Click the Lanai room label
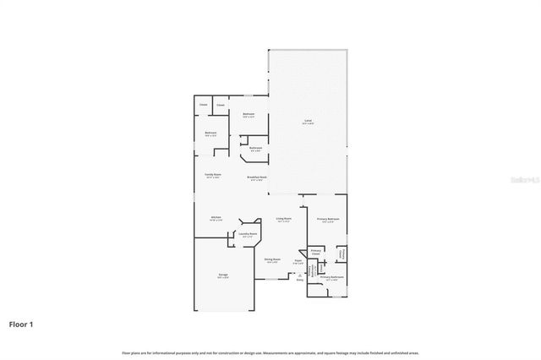pos(309,122)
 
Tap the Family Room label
pos(212,175)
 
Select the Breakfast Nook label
pos(256,177)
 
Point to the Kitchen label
pos(216,218)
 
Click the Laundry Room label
pos(248,234)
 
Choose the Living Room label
pos(284,219)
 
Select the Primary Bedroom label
pos(329,220)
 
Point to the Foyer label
pos(298,260)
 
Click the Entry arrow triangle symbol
pos(299,274)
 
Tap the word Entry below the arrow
pos(299,280)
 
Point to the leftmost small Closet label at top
pos(203,105)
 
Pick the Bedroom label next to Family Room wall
pos(210,133)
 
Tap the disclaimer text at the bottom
pos(270,352)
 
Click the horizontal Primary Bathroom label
pos(332,277)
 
